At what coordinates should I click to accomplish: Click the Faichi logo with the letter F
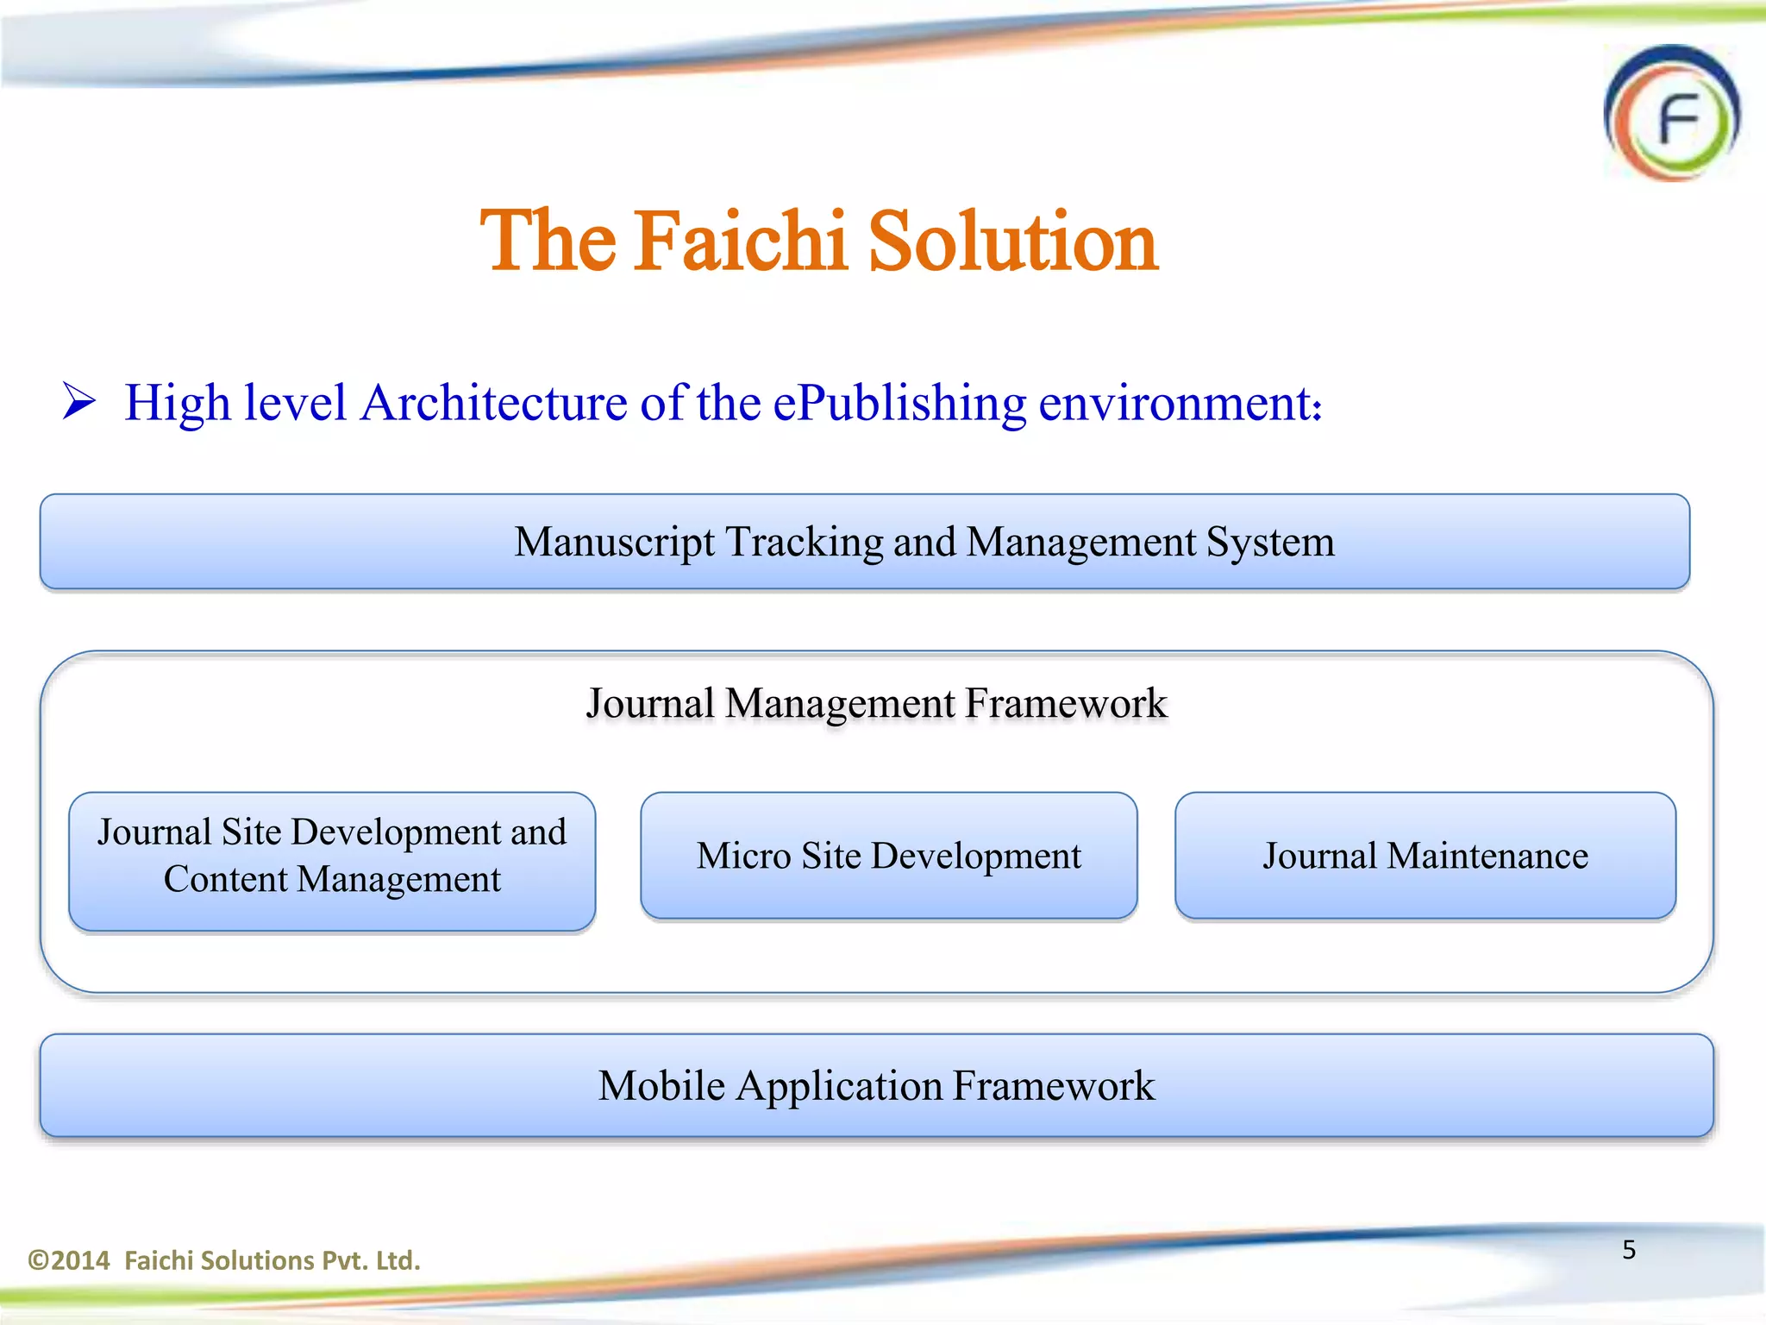click(x=1672, y=114)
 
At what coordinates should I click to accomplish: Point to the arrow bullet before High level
click(x=78, y=402)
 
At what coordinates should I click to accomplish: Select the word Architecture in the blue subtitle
click(x=494, y=403)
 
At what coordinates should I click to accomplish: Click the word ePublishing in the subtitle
click(x=899, y=403)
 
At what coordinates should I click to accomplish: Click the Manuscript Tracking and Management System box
click(x=864, y=542)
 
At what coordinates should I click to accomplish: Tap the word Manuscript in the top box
click(x=614, y=543)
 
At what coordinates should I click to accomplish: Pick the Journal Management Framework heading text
click(x=876, y=703)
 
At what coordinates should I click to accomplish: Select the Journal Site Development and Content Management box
click(x=332, y=861)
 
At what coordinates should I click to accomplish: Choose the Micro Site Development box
click(x=888, y=856)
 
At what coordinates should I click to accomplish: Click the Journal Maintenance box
click(x=1425, y=856)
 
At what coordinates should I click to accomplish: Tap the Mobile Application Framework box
click(x=876, y=1085)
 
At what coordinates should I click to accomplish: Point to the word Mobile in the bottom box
click(x=661, y=1085)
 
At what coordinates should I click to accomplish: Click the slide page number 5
click(x=1629, y=1249)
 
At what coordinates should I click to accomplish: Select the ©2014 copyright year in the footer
click(x=69, y=1260)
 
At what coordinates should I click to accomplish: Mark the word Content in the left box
click(x=225, y=880)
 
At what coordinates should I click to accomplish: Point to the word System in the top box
click(x=1270, y=543)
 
